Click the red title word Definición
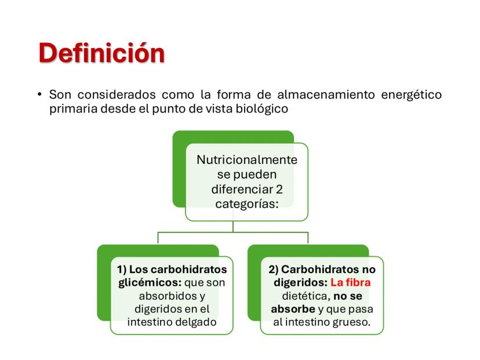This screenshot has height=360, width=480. [101, 53]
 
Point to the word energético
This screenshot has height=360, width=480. [411, 94]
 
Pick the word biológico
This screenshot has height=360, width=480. [260, 108]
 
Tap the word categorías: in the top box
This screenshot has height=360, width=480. [246, 203]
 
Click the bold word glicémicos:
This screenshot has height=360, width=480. [146, 282]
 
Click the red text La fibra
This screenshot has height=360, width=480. [351, 282]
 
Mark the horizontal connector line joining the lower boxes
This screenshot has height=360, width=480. [233, 232]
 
